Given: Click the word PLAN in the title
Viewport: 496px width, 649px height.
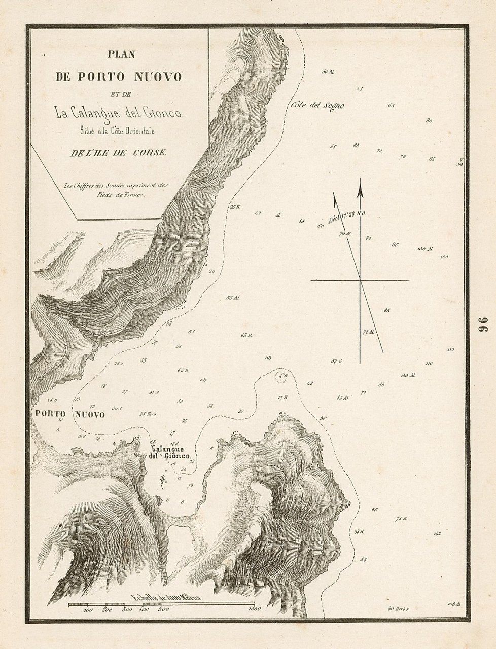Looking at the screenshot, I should [121, 54].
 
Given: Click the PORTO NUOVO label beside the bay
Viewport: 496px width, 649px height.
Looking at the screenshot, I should [70, 415].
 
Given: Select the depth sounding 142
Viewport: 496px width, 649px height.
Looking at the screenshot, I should [437, 534].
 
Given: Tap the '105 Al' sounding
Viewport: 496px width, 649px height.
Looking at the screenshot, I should [454, 604].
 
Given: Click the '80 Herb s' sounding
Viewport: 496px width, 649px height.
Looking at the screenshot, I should [398, 608].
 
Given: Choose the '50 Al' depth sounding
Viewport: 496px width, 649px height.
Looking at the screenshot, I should [328, 72].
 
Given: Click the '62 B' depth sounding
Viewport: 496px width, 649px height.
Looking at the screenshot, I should [183, 370].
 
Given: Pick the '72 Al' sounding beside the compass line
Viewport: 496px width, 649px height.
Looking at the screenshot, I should [369, 333].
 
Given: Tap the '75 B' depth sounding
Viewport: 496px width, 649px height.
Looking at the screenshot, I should [402, 519].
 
